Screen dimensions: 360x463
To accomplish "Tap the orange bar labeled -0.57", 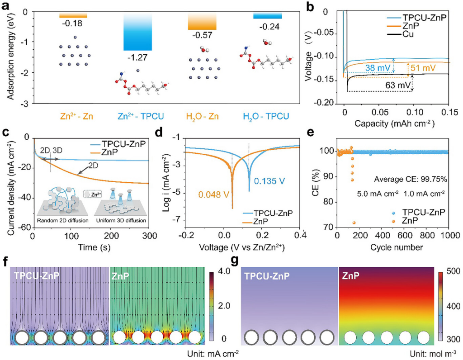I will (202, 21).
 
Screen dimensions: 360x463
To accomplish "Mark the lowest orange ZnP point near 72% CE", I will (354, 223).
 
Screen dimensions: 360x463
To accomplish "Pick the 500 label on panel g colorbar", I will (452, 271).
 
